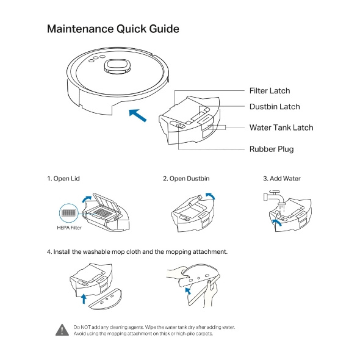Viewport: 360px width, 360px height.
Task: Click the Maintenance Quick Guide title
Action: tap(113, 29)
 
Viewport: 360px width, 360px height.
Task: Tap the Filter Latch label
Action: tap(270, 91)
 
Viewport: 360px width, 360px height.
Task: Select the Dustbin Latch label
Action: tap(275, 107)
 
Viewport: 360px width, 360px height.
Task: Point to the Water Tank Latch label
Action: tap(281, 128)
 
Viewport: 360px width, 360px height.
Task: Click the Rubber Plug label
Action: tap(272, 149)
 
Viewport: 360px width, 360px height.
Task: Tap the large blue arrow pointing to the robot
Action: tap(137, 115)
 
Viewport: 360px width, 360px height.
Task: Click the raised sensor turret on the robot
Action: tap(117, 67)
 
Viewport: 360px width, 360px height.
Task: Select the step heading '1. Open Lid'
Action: tap(63, 178)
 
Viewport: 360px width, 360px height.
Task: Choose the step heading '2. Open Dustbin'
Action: tap(186, 178)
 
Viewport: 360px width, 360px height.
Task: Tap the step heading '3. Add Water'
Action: tap(282, 178)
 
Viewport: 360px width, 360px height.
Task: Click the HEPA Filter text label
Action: tap(69, 228)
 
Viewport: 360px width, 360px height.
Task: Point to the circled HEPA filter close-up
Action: tap(69, 213)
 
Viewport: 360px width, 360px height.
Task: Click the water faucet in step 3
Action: tap(274, 196)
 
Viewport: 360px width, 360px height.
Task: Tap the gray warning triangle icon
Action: tap(62, 330)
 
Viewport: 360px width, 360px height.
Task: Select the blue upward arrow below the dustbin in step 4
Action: tap(84, 298)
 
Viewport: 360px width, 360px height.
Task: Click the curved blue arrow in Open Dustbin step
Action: tap(211, 195)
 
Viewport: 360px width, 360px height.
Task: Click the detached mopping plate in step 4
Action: tap(106, 299)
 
